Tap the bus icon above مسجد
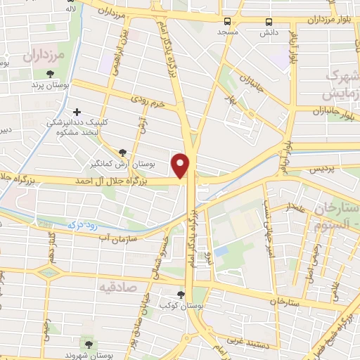tap(227, 22)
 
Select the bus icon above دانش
tap(269, 22)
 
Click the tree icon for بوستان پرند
tap(50, 75)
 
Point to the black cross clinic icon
tap(77, 111)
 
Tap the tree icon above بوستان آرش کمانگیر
tap(123, 152)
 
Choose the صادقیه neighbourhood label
tap(116, 288)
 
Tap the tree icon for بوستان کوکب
tap(182, 295)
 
